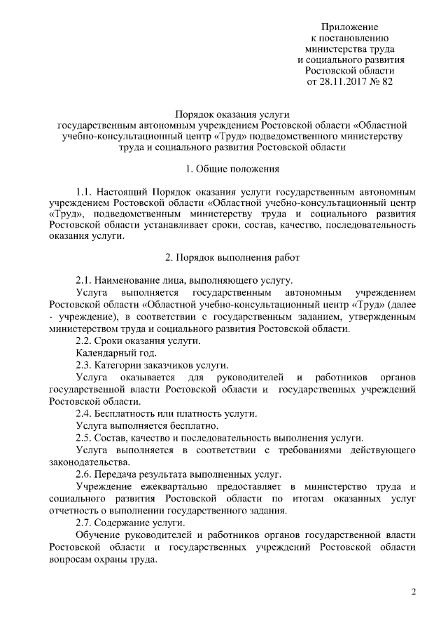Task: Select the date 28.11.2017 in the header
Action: point(343,82)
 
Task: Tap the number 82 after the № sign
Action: point(388,82)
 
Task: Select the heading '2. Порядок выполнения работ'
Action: point(233,257)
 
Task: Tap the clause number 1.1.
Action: point(85,191)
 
